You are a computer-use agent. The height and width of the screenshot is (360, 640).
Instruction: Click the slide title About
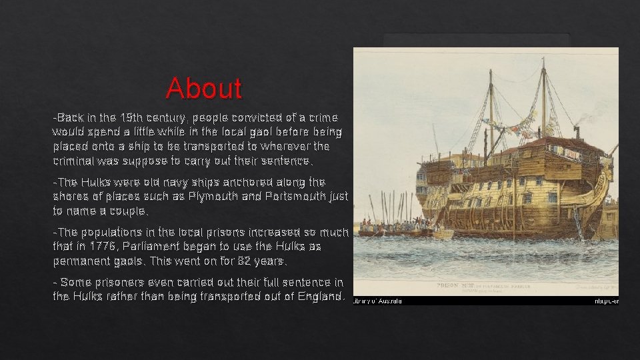pos(204,88)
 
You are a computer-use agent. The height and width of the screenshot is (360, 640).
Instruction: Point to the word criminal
pos(75,161)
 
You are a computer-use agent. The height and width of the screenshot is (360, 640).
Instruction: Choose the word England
pos(320,297)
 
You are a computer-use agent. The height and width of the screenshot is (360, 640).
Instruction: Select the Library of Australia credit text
pos(377,301)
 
